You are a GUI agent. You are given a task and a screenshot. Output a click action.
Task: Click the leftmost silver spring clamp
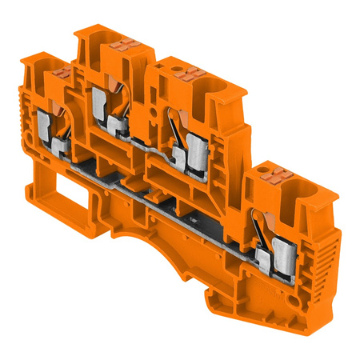click(x=46, y=128)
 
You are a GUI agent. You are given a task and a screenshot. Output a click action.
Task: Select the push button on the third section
click(x=192, y=76)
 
